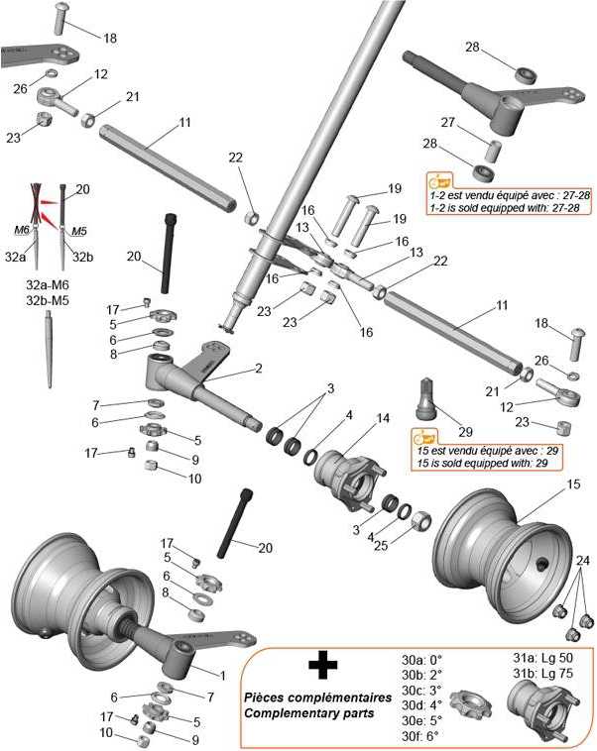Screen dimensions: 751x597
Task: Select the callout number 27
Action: [447, 122]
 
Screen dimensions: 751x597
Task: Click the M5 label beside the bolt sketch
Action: [79, 231]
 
